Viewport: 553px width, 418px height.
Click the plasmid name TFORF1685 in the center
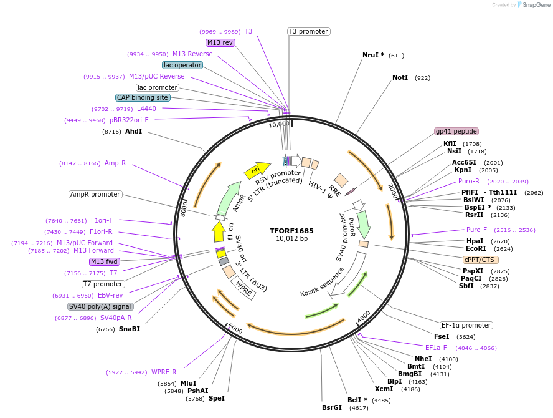[291, 230]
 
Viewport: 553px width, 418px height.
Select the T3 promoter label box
[308, 31]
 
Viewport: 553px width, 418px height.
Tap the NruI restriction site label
[374, 55]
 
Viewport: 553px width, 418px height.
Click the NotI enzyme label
[400, 78]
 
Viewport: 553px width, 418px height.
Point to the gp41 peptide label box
[456, 131]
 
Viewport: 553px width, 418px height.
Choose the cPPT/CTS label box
[481, 259]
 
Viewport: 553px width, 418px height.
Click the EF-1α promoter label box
[466, 325]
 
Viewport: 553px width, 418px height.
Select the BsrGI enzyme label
[332, 407]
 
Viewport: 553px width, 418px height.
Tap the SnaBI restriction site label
[130, 329]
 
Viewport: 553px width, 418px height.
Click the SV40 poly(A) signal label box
[100, 306]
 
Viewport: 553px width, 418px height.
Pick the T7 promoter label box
[103, 284]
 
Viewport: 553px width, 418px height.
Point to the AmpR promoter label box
[95, 194]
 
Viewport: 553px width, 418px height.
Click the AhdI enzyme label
[134, 132]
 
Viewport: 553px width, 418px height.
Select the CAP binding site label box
[143, 97]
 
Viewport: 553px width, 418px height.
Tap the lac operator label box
[182, 65]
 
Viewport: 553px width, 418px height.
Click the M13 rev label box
[220, 42]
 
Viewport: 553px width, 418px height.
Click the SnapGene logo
[533, 5]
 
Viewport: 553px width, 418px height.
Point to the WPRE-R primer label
[164, 372]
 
